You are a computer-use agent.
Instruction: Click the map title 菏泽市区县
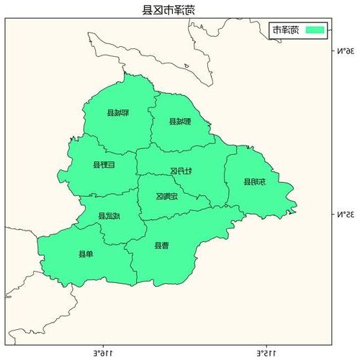(x=168, y=9)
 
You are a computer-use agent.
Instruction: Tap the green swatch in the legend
(x=315, y=30)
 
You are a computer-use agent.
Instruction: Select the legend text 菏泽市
(x=285, y=30)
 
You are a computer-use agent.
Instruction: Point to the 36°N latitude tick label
(x=347, y=51)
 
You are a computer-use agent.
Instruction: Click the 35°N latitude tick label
(x=347, y=215)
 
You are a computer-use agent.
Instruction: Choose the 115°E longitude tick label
(x=266, y=353)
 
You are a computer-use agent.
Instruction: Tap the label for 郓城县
(x=117, y=113)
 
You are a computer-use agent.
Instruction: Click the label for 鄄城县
(x=180, y=121)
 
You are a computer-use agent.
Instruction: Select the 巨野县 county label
(x=103, y=165)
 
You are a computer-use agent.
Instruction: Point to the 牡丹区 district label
(x=181, y=171)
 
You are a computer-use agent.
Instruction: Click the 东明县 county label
(x=253, y=182)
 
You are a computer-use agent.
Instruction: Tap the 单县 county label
(x=86, y=254)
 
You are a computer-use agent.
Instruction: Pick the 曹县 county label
(x=162, y=245)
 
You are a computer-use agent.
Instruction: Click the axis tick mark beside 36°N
(x=333, y=51)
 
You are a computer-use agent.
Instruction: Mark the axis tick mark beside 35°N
(x=333, y=215)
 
